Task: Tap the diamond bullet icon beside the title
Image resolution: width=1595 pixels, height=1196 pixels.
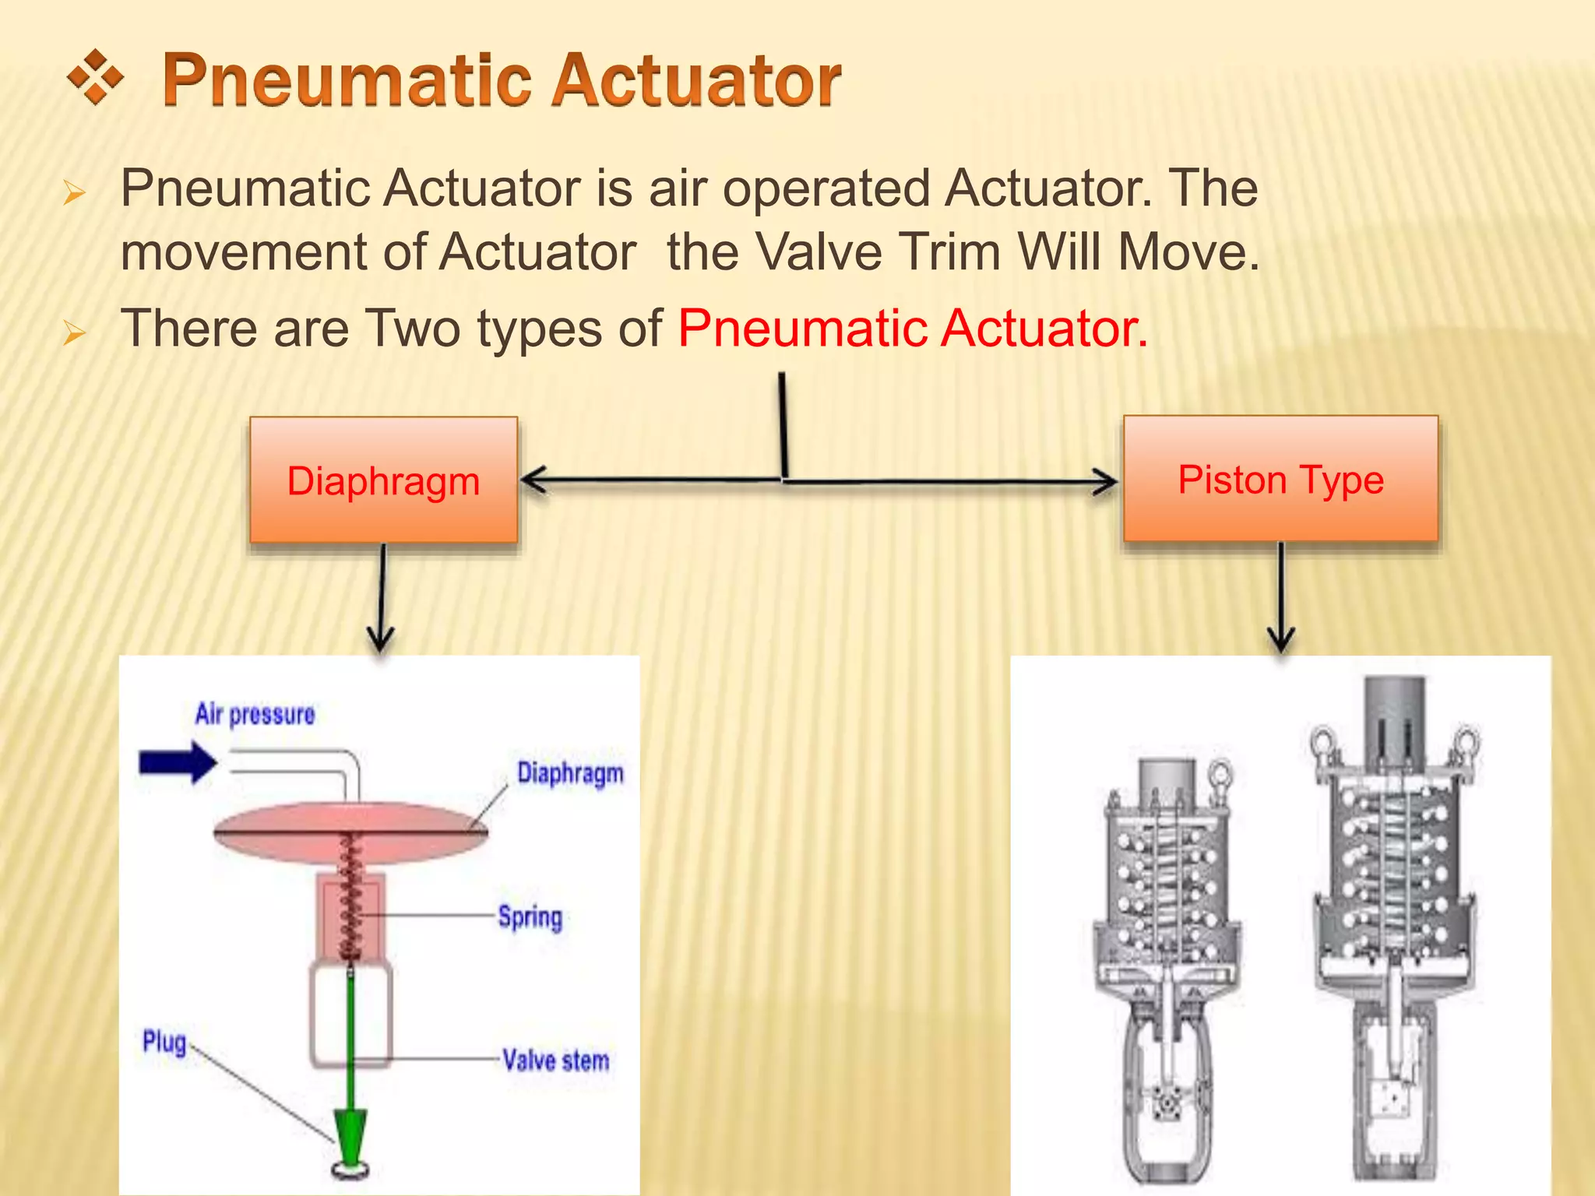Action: pyautogui.click(x=95, y=77)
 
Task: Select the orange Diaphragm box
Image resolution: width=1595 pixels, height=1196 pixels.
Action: pyautogui.click(x=383, y=480)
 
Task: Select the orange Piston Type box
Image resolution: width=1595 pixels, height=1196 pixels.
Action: pyautogui.click(x=1280, y=479)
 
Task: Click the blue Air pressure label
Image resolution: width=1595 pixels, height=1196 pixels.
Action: pyautogui.click(x=255, y=714)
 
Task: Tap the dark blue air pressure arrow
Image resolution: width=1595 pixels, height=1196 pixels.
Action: pyautogui.click(x=178, y=762)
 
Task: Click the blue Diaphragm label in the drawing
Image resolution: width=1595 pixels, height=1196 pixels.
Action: pyautogui.click(x=570, y=773)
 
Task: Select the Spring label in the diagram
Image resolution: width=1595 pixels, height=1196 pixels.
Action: pyautogui.click(x=530, y=917)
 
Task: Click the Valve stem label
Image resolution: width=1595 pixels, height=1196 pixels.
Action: pyautogui.click(x=555, y=1061)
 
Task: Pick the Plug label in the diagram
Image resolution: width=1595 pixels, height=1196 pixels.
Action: pyautogui.click(x=164, y=1042)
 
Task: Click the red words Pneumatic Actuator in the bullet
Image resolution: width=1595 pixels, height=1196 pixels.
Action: pyautogui.click(x=912, y=329)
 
